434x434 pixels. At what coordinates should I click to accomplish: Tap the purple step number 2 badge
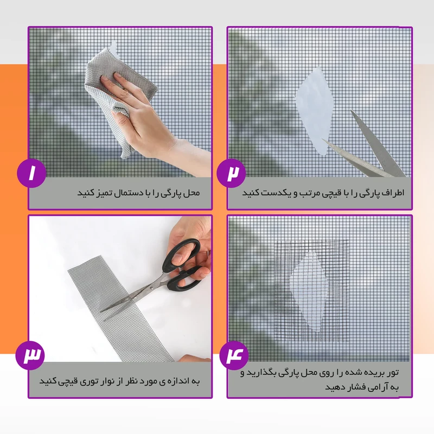tap(232, 173)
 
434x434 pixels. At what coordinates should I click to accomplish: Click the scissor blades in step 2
tap(369, 152)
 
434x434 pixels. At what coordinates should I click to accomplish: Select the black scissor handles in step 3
tap(184, 266)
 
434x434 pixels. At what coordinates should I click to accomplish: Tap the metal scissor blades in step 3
tap(133, 296)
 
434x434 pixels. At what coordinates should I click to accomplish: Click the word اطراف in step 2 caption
tap(391, 193)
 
